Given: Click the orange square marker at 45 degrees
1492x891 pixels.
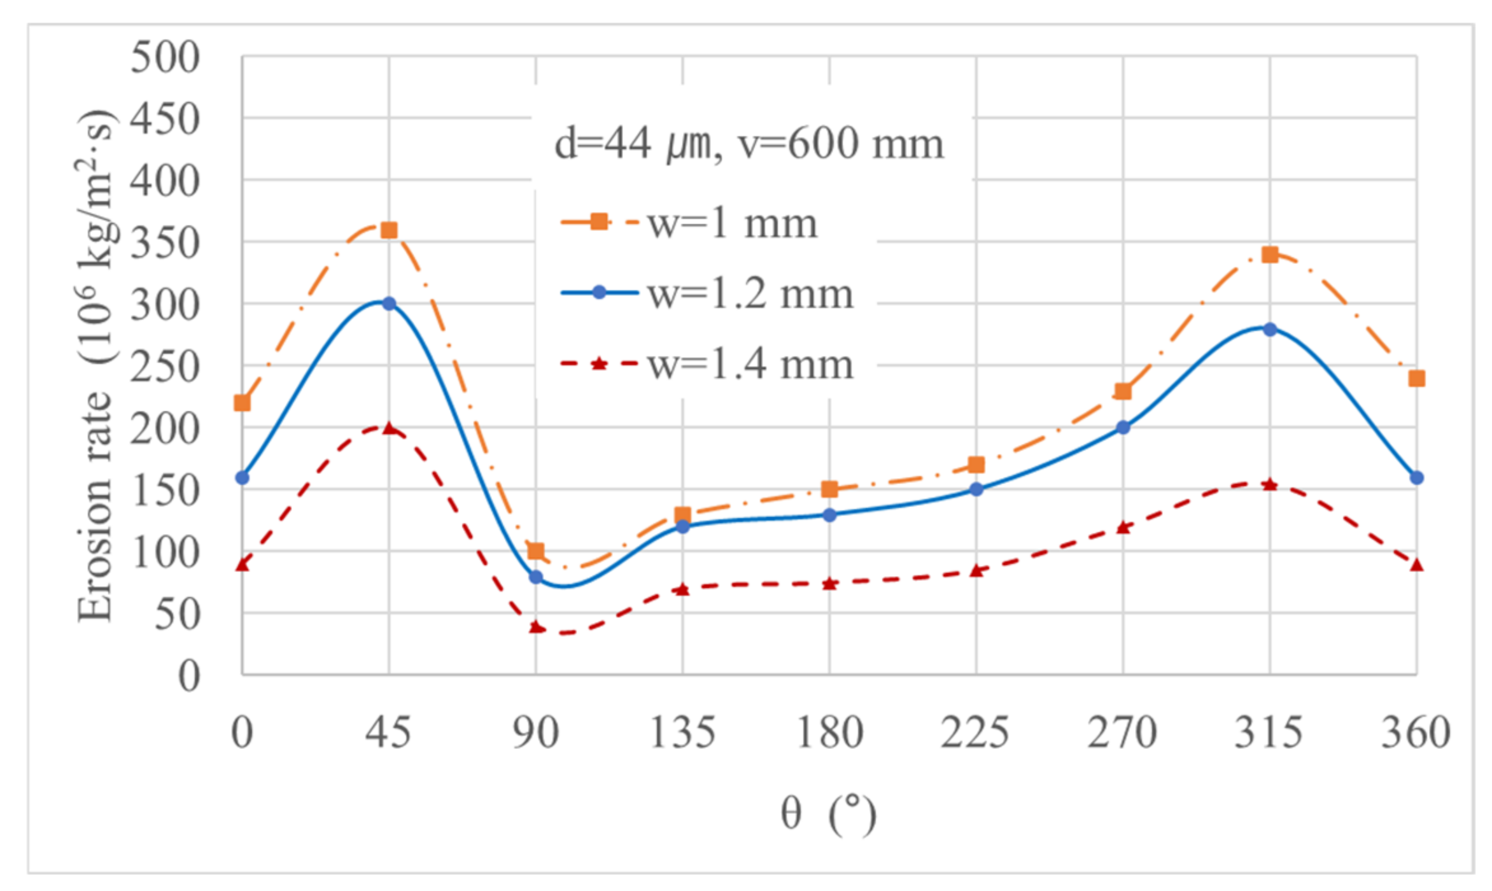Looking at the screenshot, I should (389, 230).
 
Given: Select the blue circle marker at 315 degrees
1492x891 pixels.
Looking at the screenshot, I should (1270, 329).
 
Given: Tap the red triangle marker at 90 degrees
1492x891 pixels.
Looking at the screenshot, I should (536, 628).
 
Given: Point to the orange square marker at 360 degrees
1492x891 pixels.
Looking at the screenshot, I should (1416, 379).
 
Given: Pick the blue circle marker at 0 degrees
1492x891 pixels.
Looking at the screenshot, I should (243, 477).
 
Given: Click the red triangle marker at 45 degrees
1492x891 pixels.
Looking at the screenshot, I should (389, 428).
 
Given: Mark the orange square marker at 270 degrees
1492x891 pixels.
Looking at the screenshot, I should (1123, 391).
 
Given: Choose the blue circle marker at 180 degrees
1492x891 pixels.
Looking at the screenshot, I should (829, 515).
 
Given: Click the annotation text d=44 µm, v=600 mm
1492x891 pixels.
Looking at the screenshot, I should (749, 143).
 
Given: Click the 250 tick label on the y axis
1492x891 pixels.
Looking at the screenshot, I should (165, 367).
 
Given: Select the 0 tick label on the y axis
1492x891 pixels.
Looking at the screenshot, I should (188, 676).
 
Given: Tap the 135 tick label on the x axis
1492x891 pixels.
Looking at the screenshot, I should (683, 733).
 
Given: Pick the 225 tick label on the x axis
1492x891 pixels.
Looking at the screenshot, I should (976, 733).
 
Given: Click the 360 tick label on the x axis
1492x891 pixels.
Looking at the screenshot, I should (1416, 733).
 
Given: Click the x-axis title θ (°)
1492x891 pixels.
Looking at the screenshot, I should (829, 814).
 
